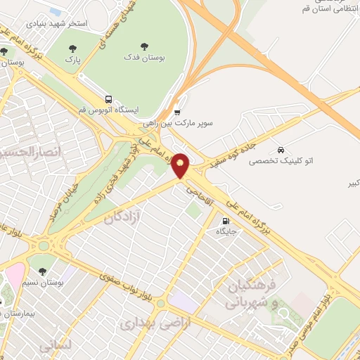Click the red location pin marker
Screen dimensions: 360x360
[x=181, y=165]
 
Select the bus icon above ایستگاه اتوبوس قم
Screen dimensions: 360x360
[x=108, y=99]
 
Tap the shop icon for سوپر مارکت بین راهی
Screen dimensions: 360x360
[x=176, y=111]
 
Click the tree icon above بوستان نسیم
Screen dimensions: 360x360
[x=44, y=271]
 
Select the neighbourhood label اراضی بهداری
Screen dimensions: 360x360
[x=146, y=324]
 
